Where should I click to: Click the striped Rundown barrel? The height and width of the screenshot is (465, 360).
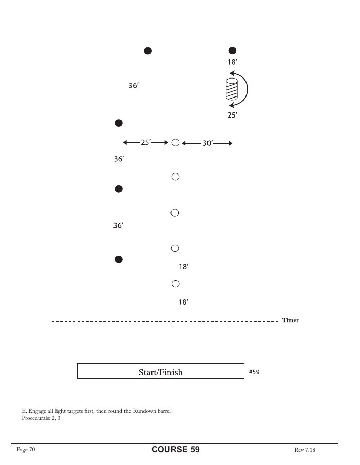232,89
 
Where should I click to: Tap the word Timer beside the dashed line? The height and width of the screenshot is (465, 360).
290,320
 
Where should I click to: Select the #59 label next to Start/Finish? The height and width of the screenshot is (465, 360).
254,372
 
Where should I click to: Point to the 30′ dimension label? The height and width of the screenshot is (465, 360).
208,143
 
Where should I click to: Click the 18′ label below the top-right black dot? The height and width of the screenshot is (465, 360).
232,62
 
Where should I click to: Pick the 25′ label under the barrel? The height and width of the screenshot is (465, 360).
232,115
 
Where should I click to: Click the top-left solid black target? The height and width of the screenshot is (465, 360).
148,51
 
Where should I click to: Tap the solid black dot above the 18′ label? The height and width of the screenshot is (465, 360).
232,51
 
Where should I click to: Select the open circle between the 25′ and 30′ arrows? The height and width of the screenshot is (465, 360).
176,143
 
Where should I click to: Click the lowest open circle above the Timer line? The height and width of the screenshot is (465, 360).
176,284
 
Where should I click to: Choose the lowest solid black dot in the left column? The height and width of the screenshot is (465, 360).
119,260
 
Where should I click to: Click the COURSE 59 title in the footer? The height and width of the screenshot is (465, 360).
176,449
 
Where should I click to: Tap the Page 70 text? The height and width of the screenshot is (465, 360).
26,449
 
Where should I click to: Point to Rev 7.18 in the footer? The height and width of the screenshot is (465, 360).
305,450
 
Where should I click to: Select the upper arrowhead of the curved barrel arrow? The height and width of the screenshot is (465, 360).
232,73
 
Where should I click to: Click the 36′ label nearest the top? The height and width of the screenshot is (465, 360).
134,85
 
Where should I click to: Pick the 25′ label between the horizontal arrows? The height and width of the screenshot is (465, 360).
146,142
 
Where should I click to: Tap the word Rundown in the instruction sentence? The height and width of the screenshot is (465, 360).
144,411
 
